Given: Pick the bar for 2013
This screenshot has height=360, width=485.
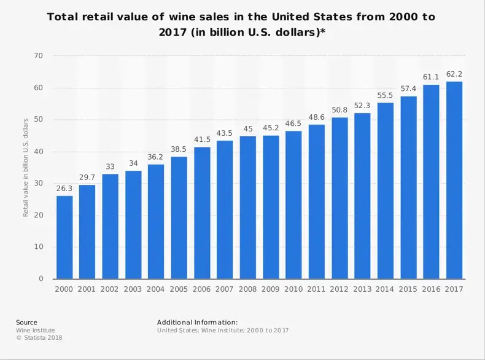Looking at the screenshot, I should point(362,196).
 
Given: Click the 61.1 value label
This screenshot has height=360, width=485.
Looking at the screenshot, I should point(431,77).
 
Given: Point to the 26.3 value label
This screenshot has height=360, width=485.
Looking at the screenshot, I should point(64,188).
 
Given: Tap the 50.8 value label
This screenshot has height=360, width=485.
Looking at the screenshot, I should point(340,110).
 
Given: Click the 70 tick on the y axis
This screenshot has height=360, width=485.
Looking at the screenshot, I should point(39,56).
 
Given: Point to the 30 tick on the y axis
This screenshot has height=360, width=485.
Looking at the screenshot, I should point(39,183).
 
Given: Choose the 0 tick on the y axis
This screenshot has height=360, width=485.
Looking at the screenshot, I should point(41,279).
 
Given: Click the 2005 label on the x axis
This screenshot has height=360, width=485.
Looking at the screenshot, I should point(179,289).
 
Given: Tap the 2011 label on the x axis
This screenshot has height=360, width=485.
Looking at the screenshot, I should point(317,289).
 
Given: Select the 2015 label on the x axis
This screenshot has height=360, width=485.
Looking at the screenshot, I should point(408,289).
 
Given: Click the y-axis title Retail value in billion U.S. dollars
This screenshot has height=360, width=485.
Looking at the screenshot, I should point(26,166).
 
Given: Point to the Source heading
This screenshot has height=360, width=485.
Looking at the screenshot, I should point(26,323).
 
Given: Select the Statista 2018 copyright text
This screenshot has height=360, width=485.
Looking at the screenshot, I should point(39,338).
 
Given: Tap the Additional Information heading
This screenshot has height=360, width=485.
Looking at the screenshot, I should point(197,323).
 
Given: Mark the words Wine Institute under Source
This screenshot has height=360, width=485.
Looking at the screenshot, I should point(36,331).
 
